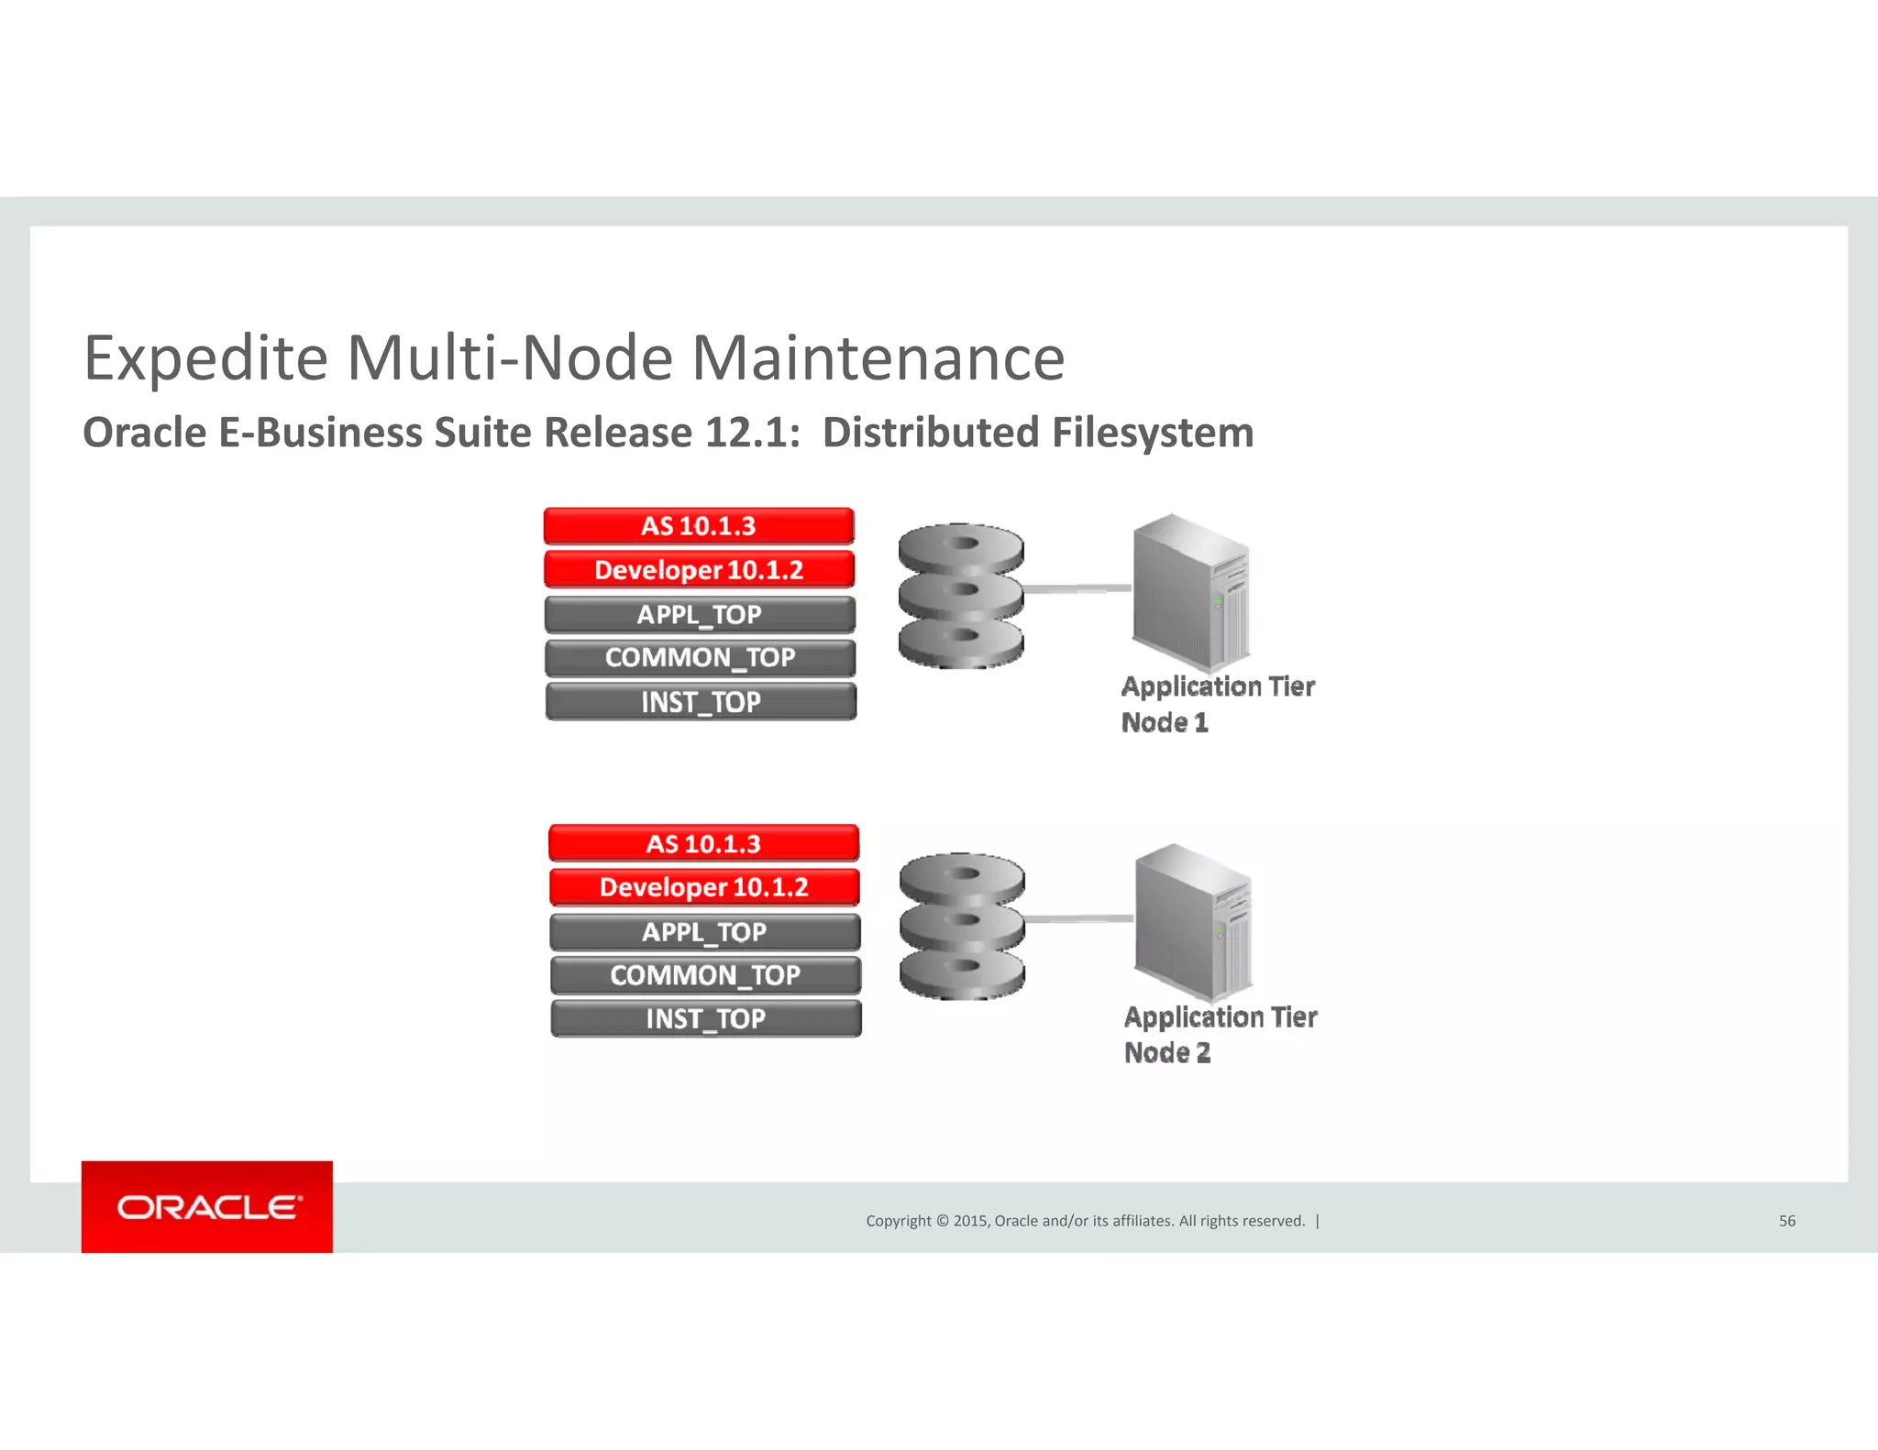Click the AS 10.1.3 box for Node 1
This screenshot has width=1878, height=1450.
click(699, 526)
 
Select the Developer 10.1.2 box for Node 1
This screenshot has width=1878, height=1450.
click(699, 569)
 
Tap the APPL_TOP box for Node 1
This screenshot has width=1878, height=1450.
click(700, 614)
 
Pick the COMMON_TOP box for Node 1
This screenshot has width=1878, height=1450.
click(700, 657)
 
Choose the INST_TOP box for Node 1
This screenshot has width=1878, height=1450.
click(701, 701)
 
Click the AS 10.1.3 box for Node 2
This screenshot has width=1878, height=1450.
click(703, 843)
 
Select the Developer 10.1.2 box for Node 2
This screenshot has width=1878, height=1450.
click(704, 886)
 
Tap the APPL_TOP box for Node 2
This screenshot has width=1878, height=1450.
click(704, 931)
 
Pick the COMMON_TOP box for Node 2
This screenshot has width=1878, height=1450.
click(705, 974)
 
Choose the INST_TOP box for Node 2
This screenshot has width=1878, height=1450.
click(705, 1017)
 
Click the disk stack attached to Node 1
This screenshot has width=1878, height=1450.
click(960, 596)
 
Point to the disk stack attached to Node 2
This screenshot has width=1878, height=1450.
click(961, 926)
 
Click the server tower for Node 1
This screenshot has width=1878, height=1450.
click(1191, 591)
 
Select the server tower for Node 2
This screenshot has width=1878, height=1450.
click(1193, 921)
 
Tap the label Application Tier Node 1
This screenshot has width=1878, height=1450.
click(1217, 704)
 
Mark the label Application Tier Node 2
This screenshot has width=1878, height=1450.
click(1220, 1034)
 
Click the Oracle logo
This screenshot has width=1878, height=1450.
click(207, 1207)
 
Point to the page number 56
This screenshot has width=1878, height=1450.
click(1786, 1221)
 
